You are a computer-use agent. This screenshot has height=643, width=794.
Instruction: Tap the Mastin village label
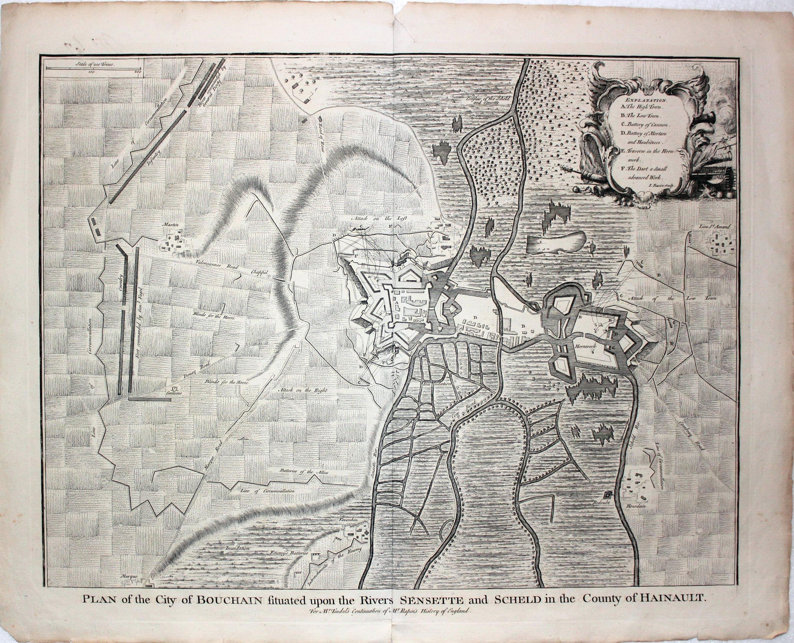click(171, 225)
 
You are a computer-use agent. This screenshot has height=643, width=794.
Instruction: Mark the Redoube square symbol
click(608, 495)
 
